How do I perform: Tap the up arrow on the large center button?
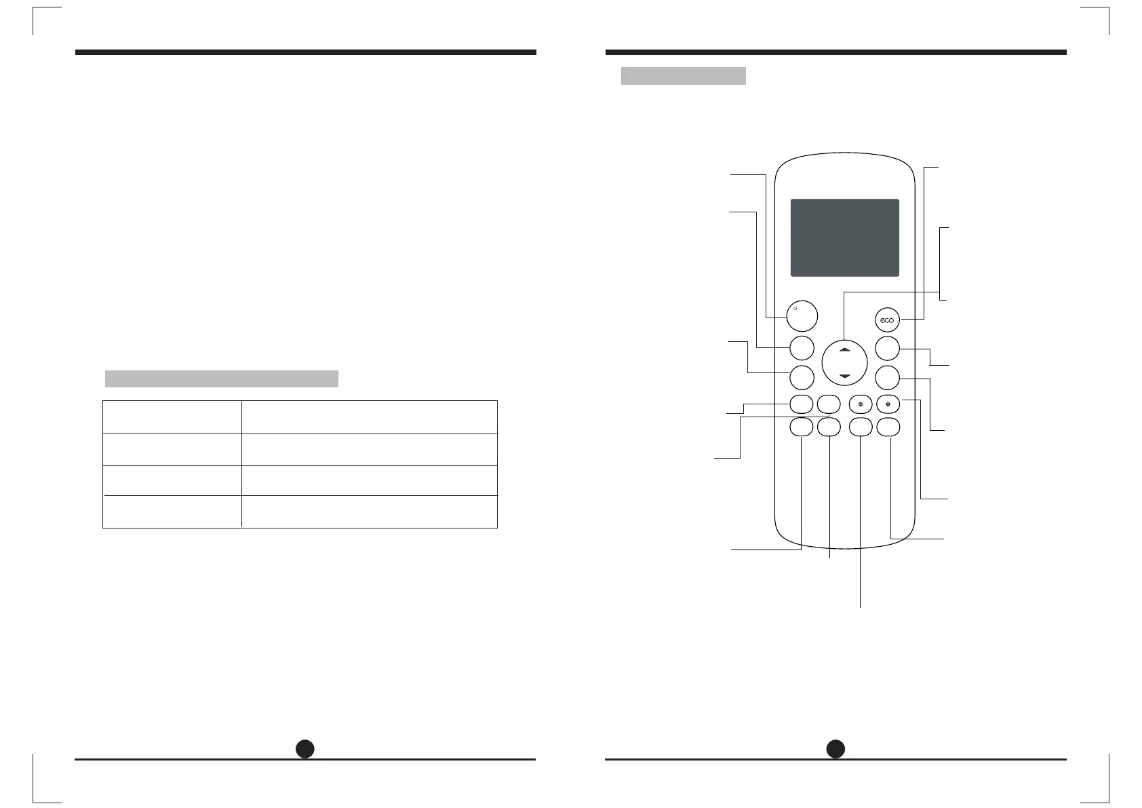tap(844, 349)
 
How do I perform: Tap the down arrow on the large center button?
tap(844, 375)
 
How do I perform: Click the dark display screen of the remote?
tap(844, 237)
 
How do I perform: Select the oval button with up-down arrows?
tap(860, 404)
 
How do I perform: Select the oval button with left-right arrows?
tap(888, 404)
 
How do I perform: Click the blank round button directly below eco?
tap(887, 349)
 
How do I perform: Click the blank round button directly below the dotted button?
tap(801, 347)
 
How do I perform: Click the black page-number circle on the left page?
tap(305, 748)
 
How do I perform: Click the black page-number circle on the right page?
tap(835, 748)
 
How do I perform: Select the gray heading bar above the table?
tap(221, 379)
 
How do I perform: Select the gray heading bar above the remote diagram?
tap(683, 75)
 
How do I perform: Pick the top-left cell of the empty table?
tap(172, 417)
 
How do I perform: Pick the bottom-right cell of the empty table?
tap(369, 512)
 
